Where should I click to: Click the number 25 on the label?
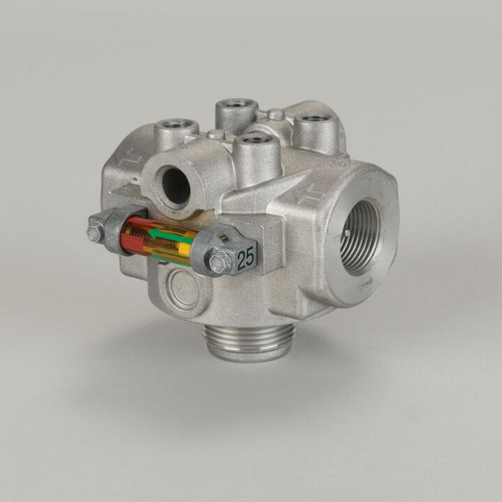[x=245, y=259]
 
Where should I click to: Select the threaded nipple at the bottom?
[x=248, y=343]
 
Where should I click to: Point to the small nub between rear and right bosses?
[x=275, y=114]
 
